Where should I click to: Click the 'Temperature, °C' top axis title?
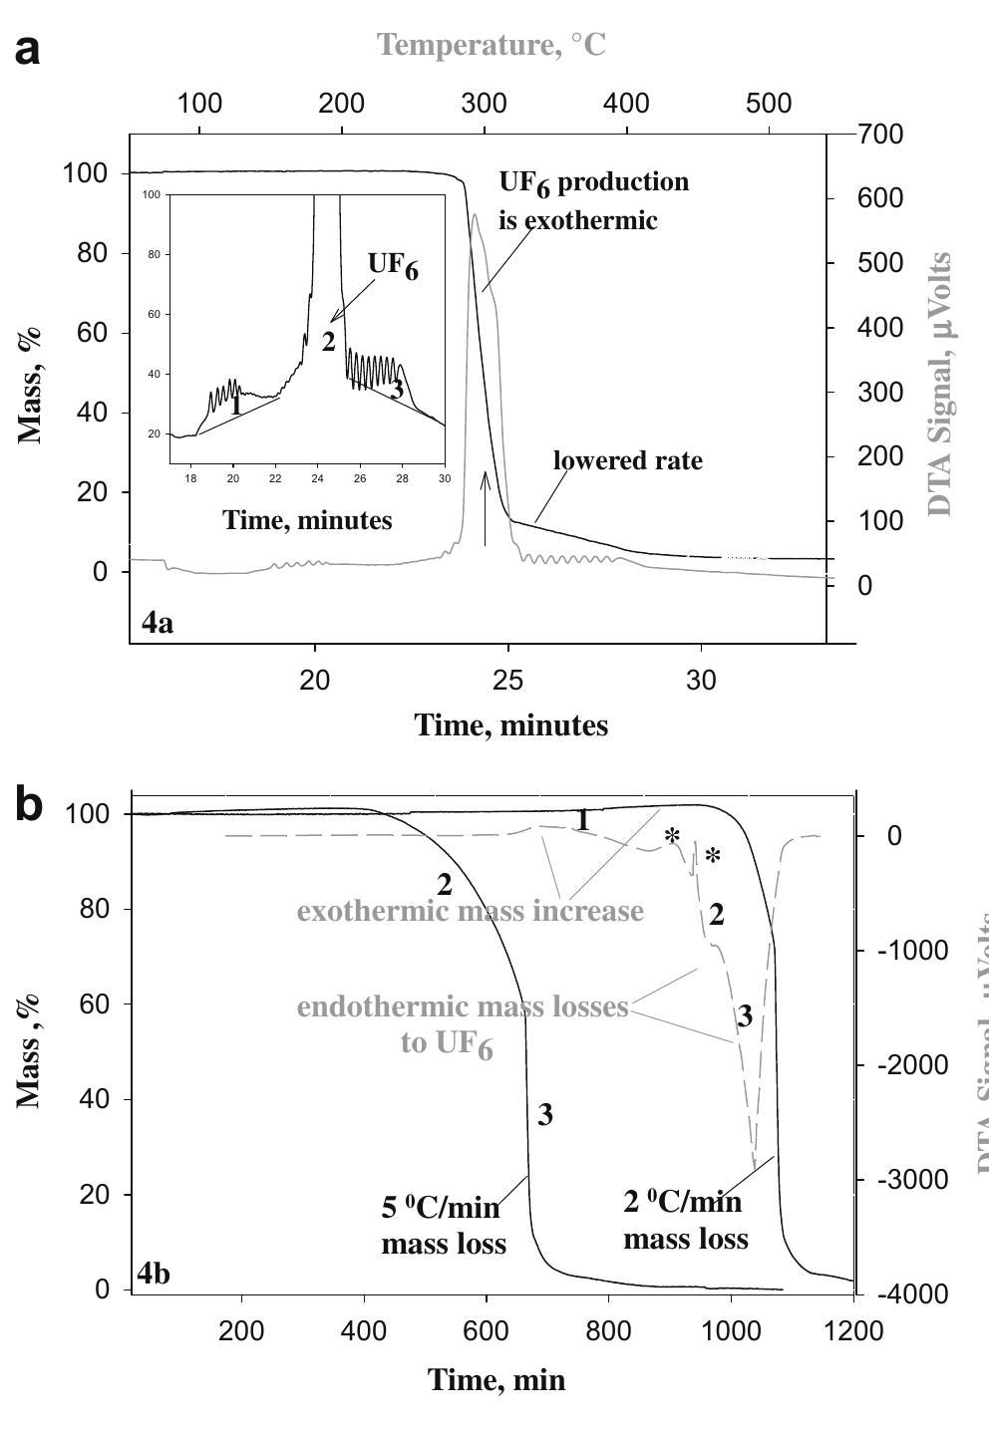[x=492, y=45]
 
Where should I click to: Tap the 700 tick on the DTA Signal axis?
[x=880, y=135]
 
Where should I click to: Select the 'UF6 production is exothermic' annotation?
[x=593, y=200]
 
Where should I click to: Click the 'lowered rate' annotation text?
[x=627, y=460]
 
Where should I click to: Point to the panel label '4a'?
[x=157, y=624]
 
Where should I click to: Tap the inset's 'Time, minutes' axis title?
[x=307, y=519]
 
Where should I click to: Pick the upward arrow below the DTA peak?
[x=486, y=508]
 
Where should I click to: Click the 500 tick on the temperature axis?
[x=769, y=104]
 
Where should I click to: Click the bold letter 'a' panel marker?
[x=28, y=48]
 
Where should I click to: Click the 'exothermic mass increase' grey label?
[x=470, y=911]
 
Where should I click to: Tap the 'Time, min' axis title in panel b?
[x=496, y=1379]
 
